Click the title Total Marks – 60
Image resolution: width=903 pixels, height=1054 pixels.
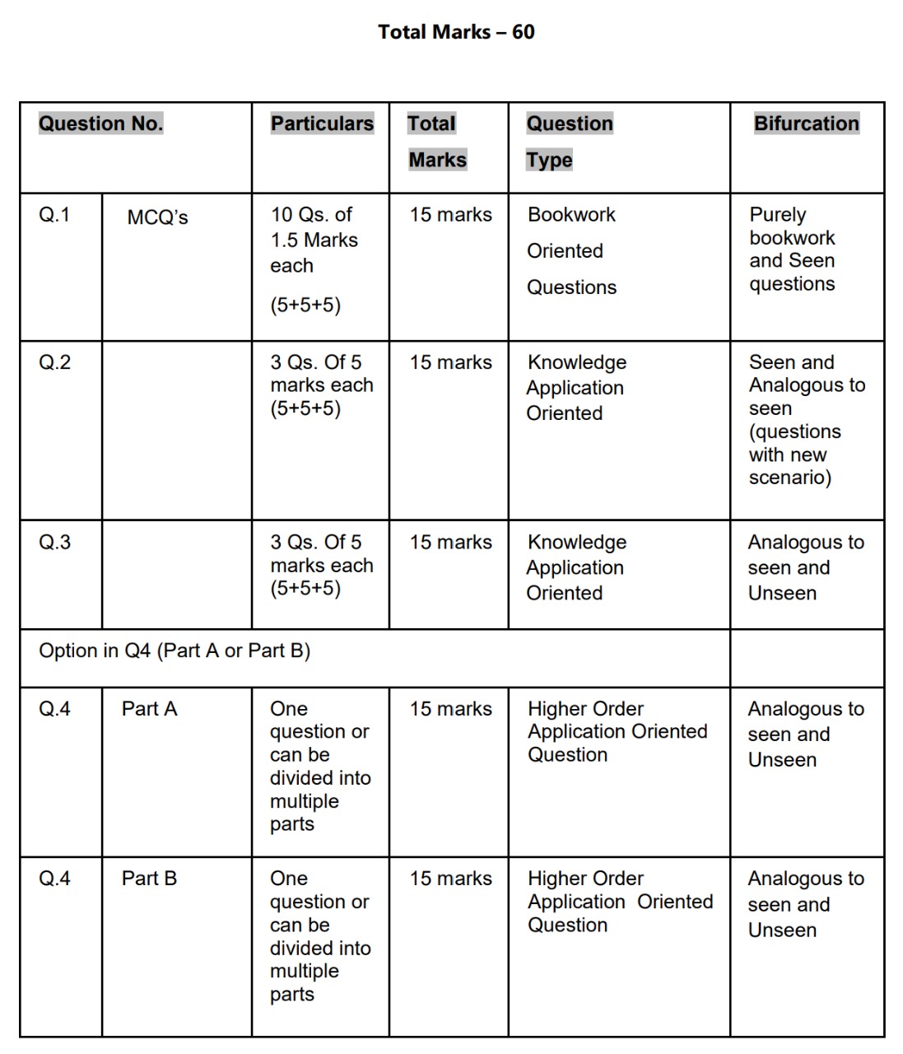pyautogui.click(x=456, y=32)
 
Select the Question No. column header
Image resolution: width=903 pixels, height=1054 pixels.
pyautogui.click(x=100, y=124)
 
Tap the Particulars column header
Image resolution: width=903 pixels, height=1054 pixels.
pyautogui.click(x=322, y=124)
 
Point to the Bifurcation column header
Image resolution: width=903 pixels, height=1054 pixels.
pyautogui.click(x=806, y=124)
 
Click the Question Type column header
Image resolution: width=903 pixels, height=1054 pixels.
pyautogui.click(x=570, y=141)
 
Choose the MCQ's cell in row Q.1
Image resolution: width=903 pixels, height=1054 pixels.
pyautogui.click(x=157, y=217)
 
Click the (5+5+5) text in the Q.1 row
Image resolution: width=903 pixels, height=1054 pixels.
pyautogui.click(x=305, y=305)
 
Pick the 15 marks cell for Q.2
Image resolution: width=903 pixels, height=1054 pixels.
pyautogui.click(x=450, y=362)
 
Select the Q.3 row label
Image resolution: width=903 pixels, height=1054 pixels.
pyautogui.click(x=55, y=542)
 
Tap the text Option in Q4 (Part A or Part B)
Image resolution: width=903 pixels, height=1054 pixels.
pyautogui.click(x=175, y=651)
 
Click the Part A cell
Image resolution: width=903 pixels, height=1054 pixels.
pyautogui.click(x=149, y=709)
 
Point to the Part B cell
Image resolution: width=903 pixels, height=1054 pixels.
pyautogui.click(x=149, y=879)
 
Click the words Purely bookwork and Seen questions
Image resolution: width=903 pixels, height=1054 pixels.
pyautogui.click(x=792, y=249)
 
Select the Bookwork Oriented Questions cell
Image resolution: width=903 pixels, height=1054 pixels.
pyautogui.click(x=571, y=250)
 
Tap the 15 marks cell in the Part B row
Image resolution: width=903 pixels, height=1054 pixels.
pyautogui.click(x=450, y=879)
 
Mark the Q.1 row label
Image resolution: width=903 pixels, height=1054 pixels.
pyautogui.click(x=55, y=215)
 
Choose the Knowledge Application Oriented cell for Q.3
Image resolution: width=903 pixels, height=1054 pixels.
pyautogui.click(x=576, y=567)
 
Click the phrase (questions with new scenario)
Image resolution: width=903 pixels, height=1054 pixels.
pyautogui.click(x=794, y=455)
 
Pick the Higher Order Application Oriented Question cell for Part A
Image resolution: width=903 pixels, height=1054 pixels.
pyautogui.click(x=617, y=731)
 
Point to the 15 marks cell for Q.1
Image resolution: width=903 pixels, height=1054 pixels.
pyautogui.click(x=450, y=215)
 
